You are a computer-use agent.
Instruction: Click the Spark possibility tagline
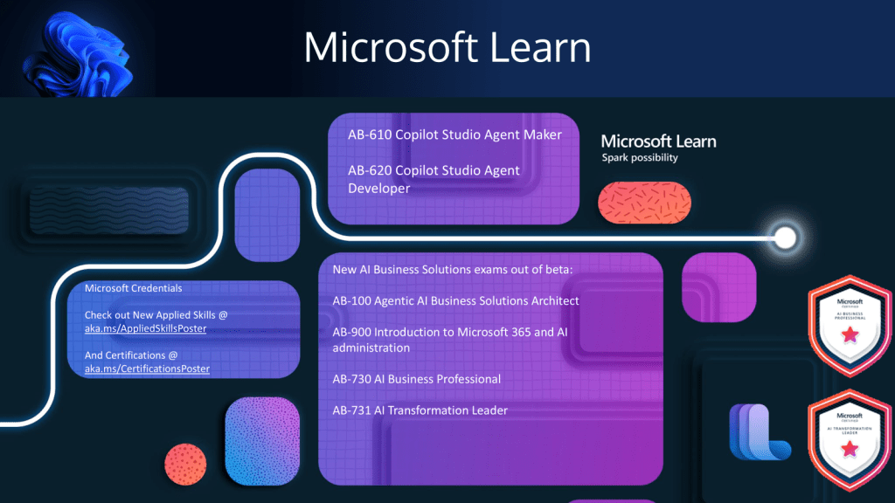[639, 158]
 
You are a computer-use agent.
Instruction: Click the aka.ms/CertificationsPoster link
[147, 369]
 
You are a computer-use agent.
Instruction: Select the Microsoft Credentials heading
[133, 288]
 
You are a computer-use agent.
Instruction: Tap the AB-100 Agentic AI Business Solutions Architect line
[455, 300]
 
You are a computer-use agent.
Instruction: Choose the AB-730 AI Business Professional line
[416, 379]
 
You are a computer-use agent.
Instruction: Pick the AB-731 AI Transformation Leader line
[420, 410]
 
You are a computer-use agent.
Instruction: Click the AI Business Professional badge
[846, 322]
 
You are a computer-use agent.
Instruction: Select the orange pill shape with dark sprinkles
[644, 202]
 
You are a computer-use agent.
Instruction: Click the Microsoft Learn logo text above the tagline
[658, 141]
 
